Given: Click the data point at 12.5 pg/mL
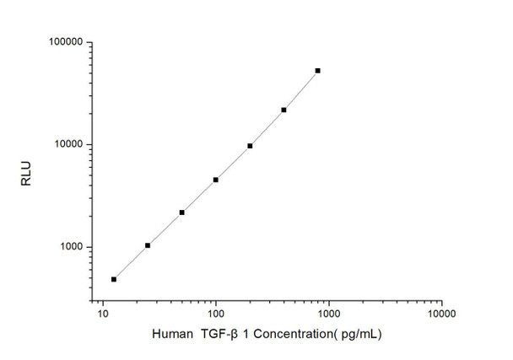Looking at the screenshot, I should [114, 279].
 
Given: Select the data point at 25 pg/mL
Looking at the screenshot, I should [148, 245].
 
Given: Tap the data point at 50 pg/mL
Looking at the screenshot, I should [181, 212].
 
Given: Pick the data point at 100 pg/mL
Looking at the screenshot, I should [216, 180].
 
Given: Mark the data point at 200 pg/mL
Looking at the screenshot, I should [250, 146].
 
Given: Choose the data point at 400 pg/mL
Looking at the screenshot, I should [283, 110].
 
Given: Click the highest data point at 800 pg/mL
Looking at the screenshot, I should [318, 71].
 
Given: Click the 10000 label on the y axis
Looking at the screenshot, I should [67, 144].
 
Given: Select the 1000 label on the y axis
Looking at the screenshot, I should [69, 247].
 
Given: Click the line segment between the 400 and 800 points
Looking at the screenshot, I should [301, 90].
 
